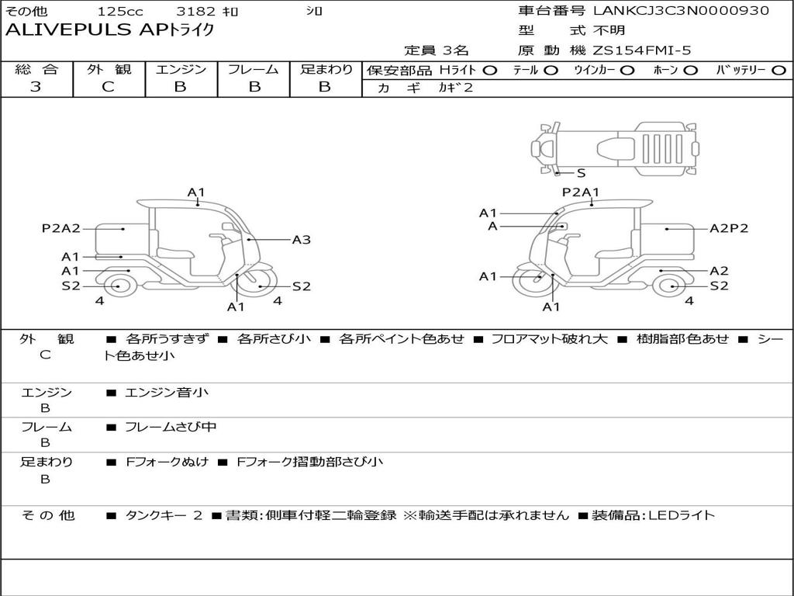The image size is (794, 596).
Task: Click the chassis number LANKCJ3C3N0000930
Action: [x=681, y=11]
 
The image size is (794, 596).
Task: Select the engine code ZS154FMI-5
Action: [x=641, y=50]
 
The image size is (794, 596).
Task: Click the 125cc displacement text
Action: [x=120, y=12]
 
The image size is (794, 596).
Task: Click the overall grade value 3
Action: [x=36, y=87]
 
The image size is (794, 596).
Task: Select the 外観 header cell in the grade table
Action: [x=108, y=69]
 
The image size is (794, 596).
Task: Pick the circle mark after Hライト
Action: [x=489, y=70]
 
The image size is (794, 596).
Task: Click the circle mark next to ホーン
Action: [x=690, y=70]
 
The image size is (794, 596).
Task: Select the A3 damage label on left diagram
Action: [x=301, y=240]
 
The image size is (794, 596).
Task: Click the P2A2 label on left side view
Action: [x=60, y=228]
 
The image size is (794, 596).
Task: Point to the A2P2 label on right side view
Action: [x=729, y=228]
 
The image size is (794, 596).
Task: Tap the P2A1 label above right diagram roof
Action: [x=581, y=192]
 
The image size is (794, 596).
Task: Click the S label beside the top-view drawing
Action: [x=581, y=173]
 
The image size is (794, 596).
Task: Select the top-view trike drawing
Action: [x=614, y=146]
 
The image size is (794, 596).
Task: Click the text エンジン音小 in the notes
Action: [x=167, y=393]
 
